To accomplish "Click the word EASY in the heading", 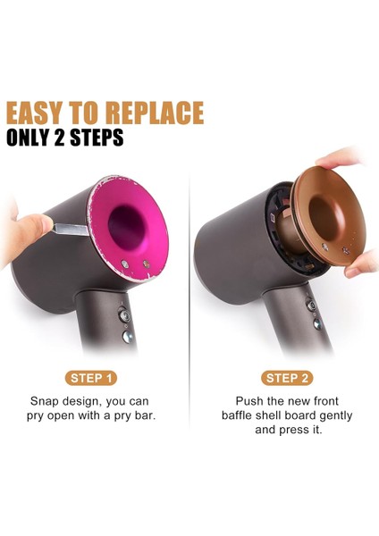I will [x=40, y=113].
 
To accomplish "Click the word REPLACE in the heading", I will [x=155, y=113].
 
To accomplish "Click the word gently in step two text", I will [x=332, y=415].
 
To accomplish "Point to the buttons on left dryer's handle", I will [x=123, y=322].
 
